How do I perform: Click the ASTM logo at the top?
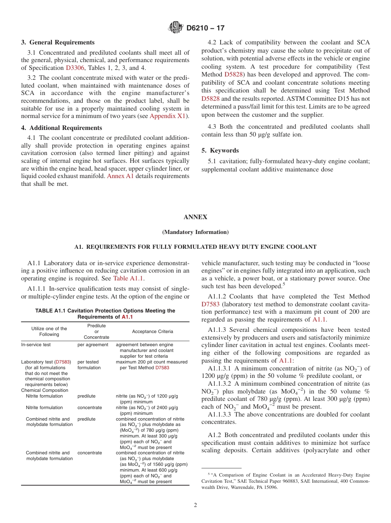pos(176,28)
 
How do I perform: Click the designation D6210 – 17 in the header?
pos(205,28)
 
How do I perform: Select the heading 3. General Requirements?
pos(58,42)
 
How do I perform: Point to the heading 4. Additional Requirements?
pos(61,128)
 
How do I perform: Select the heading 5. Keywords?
pos(220,150)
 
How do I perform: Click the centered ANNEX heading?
pos(195,217)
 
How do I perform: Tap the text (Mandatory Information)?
pos(195,232)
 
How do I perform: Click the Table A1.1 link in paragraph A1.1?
pos(128,278)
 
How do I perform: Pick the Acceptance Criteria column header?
pos(152,331)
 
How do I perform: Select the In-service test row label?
pos(36,345)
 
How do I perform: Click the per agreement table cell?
pos(93,345)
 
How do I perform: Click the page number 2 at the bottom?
pos(195,505)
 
